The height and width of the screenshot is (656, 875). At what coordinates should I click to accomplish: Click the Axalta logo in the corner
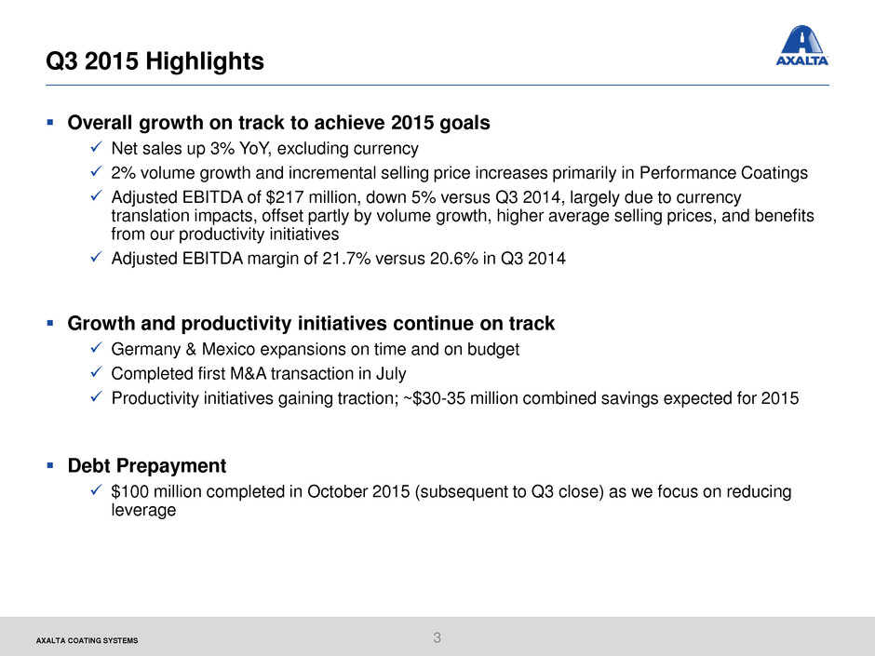pyautogui.click(x=801, y=46)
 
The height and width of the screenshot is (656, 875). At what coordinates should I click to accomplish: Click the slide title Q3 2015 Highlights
pyautogui.click(x=155, y=60)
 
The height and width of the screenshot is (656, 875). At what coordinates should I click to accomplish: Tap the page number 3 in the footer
pyautogui.click(x=437, y=637)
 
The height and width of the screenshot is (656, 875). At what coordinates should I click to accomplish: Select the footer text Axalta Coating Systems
pyautogui.click(x=87, y=640)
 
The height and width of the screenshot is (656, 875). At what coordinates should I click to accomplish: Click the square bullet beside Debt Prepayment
pyautogui.click(x=50, y=464)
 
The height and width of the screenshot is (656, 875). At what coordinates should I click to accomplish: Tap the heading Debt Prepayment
pyautogui.click(x=147, y=465)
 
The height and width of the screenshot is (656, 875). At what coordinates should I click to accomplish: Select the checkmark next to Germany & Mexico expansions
pyautogui.click(x=96, y=347)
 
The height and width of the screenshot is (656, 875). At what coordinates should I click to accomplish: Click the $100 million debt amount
pyautogui.click(x=148, y=491)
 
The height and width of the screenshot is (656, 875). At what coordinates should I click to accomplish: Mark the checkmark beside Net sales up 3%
pyautogui.click(x=96, y=147)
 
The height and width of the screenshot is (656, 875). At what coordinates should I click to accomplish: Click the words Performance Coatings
pyautogui.click(x=723, y=173)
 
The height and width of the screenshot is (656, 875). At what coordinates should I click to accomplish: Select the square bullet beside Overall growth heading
pyautogui.click(x=50, y=122)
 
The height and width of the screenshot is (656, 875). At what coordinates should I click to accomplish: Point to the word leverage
pyautogui.click(x=143, y=511)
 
